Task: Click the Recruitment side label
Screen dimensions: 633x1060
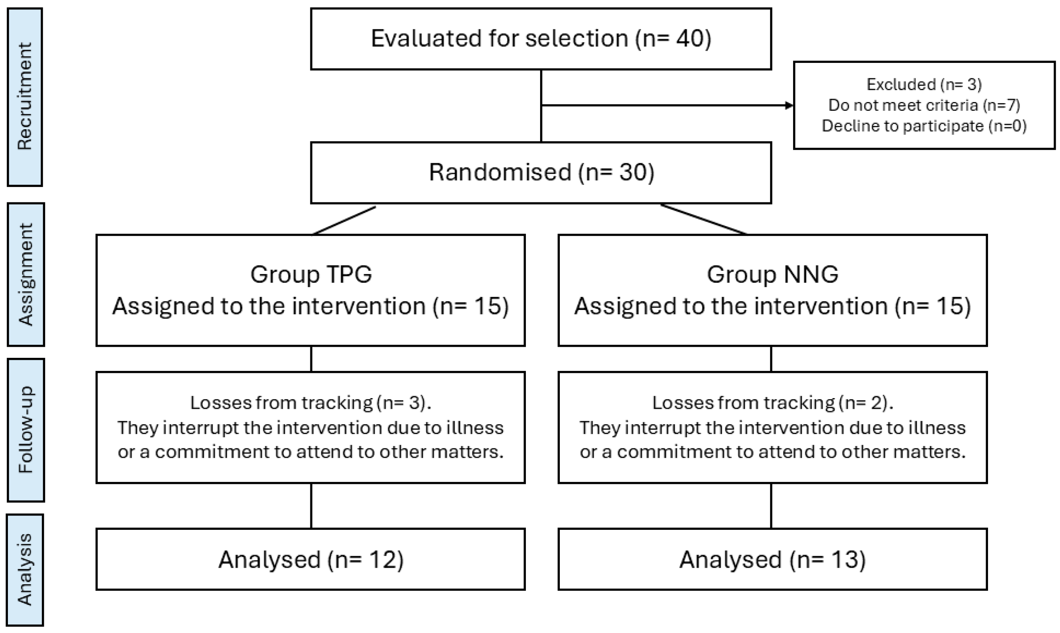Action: (25, 97)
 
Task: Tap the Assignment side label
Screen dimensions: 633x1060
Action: (26, 274)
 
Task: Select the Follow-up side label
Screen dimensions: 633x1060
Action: (26, 429)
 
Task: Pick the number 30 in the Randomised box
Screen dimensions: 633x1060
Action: (633, 172)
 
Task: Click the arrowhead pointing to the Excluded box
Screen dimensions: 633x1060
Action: (789, 105)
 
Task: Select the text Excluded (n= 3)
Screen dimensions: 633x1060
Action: (924, 85)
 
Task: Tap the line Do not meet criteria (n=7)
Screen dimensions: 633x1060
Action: (924, 105)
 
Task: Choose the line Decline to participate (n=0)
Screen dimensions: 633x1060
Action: (924, 126)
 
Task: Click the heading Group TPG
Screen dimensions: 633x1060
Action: (311, 274)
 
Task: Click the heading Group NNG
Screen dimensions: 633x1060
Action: (773, 274)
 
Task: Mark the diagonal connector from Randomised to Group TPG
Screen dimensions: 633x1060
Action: (344, 221)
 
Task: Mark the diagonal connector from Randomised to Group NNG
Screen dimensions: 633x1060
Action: (703, 219)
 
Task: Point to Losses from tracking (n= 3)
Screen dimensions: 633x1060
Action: (310, 402)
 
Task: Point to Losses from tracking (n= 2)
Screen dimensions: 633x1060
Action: (773, 402)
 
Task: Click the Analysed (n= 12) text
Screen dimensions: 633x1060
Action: (311, 559)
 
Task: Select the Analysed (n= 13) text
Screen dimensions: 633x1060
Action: (773, 559)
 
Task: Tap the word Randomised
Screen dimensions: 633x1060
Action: (499, 172)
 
